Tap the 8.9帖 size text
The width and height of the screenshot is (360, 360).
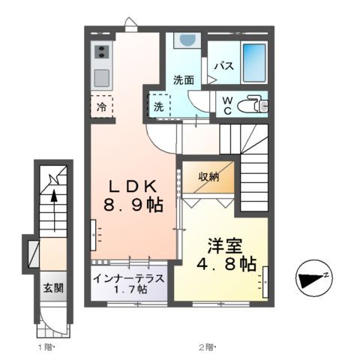134,205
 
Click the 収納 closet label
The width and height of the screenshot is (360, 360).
209,177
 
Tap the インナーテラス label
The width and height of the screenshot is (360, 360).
129,278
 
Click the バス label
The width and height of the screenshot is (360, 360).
224,66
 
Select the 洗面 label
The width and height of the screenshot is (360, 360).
184,80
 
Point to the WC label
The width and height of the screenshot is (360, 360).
225,106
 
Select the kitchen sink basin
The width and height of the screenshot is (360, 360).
101,76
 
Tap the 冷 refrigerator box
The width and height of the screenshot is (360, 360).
102,107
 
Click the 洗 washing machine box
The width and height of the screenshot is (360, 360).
159,106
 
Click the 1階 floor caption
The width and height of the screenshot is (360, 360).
46,347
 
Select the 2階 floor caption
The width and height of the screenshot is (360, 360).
207,347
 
